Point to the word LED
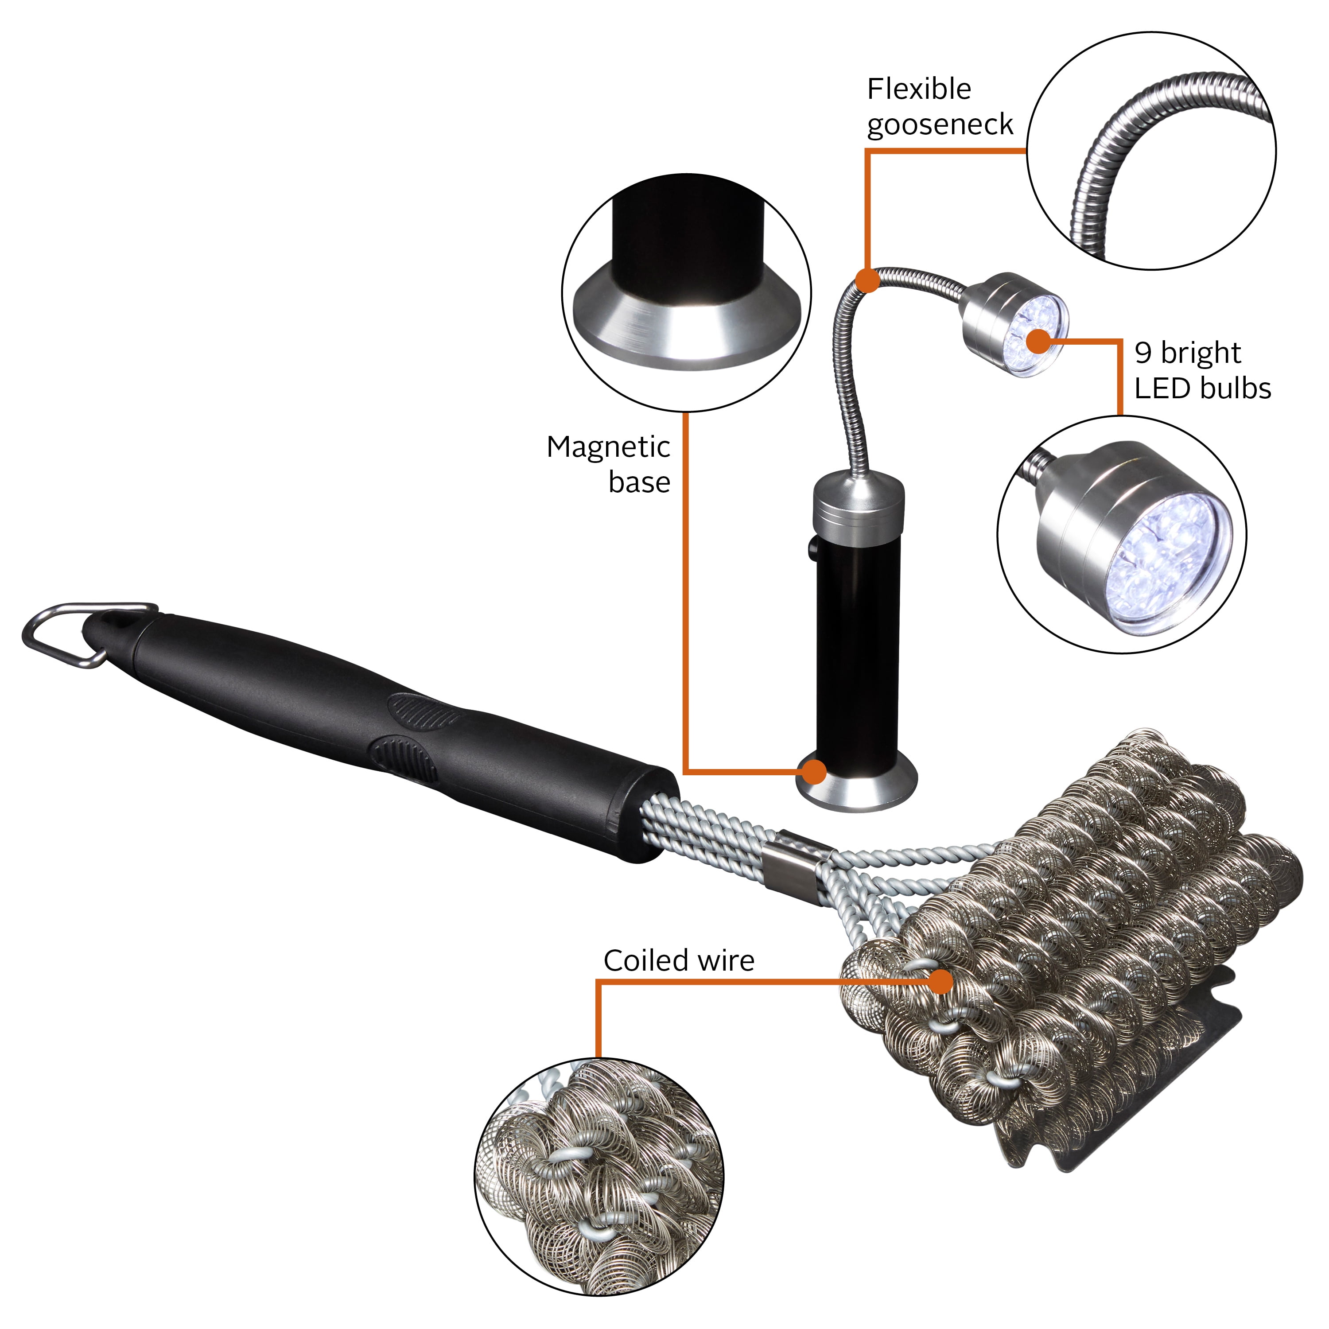click(1162, 389)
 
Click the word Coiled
click(646, 960)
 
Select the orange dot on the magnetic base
click(815, 771)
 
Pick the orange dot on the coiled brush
click(940, 982)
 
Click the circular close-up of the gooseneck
click(1151, 150)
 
